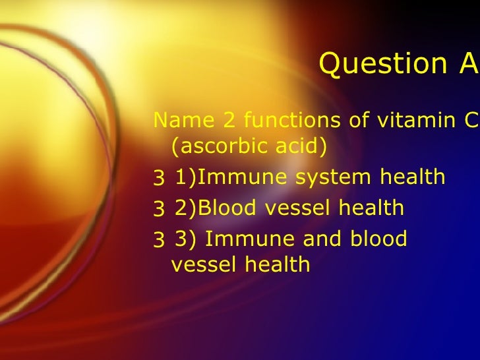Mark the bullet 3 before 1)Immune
pos(158,178)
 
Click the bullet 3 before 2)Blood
pos(158,208)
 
